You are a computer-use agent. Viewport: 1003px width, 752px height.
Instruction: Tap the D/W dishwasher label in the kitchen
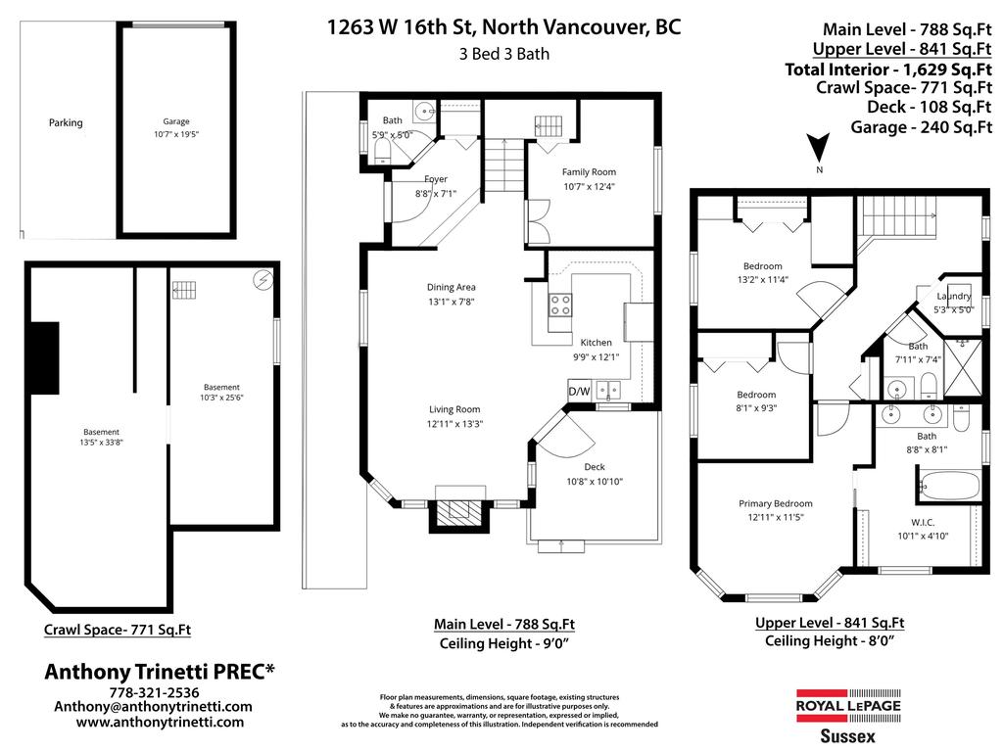tap(580, 392)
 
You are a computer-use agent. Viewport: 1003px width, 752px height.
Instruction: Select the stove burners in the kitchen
tap(560, 305)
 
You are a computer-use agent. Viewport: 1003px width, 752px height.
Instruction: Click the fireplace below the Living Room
tap(458, 511)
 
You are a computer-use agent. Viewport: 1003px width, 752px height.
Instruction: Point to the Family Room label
tap(589, 172)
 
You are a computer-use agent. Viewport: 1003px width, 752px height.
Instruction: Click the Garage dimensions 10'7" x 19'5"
tap(176, 135)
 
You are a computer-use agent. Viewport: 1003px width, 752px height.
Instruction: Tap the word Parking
tap(66, 123)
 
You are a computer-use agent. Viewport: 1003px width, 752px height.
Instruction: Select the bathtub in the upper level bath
tap(947, 484)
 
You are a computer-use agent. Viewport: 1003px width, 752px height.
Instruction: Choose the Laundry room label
tap(953, 297)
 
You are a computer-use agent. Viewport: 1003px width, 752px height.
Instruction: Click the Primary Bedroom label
tap(775, 504)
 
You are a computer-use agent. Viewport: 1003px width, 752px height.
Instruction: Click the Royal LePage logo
tap(846, 705)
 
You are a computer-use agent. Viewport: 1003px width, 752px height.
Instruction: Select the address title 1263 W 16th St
tap(503, 26)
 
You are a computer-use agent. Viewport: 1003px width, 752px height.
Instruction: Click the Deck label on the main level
tap(595, 467)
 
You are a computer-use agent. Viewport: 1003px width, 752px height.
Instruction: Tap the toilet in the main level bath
tap(383, 149)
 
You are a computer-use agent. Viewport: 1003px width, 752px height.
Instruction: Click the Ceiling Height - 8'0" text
tap(830, 640)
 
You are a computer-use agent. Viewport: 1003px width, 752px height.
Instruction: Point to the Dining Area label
tap(451, 288)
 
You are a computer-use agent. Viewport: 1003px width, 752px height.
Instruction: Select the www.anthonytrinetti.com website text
tap(160, 722)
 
